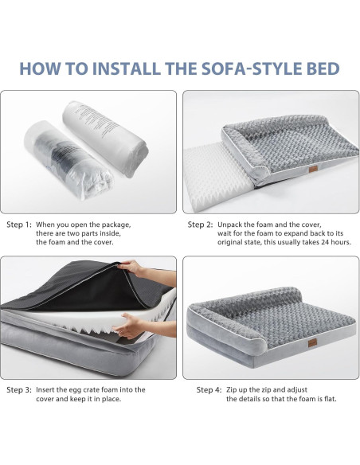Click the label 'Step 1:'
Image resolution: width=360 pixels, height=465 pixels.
(x=19, y=225)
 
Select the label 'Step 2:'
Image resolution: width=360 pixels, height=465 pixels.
(x=200, y=225)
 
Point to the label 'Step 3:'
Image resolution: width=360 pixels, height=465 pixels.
(x=19, y=390)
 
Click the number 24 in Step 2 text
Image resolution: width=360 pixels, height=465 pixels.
(x=328, y=243)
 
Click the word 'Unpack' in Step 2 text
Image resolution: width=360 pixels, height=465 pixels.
(x=231, y=225)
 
